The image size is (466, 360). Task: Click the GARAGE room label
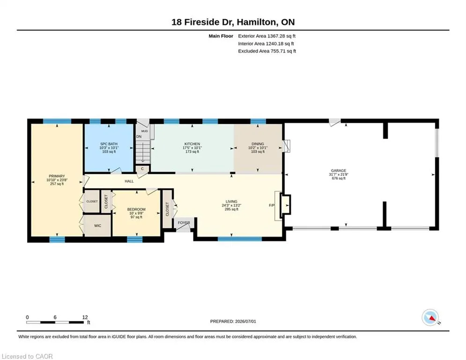[339, 171]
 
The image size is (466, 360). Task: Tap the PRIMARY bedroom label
[57, 176]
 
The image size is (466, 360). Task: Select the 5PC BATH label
[109, 144]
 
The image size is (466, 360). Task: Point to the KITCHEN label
[192, 144]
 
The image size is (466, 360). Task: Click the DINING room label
[258, 144]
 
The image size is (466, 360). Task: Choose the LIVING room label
[231, 202]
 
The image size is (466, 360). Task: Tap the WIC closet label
[97, 225]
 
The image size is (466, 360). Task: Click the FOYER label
[184, 223]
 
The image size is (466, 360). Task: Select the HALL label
[129, 181]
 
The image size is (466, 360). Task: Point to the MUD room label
[144, 131]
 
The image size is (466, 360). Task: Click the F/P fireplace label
[272, 205]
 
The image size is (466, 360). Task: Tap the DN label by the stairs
[139, 136]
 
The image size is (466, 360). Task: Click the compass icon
[430, 317]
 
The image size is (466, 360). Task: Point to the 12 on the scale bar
[85, 317]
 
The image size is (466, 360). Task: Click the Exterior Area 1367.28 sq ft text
[266, 36]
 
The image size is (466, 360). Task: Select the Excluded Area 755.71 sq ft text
[267, 51]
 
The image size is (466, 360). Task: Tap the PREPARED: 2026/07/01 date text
[233, 321]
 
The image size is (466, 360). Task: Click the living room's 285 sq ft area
[231, 209]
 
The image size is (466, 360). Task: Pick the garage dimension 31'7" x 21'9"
[339, 175]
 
